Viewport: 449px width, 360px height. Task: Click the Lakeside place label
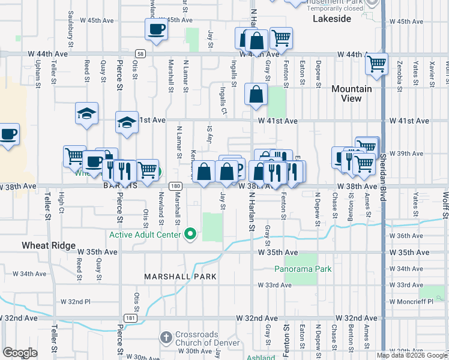332,19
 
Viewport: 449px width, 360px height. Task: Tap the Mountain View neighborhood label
351,94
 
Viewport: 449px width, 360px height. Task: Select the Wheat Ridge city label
48,245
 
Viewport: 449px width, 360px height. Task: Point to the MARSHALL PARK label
175,277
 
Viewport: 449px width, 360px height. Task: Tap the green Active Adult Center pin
191,234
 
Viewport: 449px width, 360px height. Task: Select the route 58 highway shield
139,53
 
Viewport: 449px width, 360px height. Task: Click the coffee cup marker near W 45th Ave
156,29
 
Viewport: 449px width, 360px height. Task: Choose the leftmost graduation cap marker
86,112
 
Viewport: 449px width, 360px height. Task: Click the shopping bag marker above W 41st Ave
256,94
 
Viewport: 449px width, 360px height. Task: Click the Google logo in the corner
20,353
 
